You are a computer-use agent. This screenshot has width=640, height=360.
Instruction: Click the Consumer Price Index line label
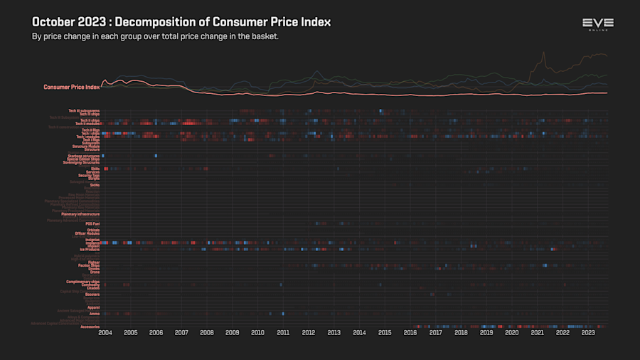[71, 87]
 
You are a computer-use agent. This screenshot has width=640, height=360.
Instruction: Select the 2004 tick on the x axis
[105, 332]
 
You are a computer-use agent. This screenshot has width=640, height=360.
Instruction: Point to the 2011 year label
[283, 332]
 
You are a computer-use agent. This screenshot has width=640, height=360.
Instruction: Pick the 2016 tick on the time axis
[410, 332]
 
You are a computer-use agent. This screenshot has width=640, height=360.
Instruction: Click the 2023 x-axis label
[588, 332]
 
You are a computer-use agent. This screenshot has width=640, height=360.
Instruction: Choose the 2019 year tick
[486, 332]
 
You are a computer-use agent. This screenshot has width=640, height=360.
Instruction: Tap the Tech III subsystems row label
[84, 110]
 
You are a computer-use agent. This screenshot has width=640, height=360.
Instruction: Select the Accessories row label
[90, 327]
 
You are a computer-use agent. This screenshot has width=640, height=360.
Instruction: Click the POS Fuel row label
[92, 223]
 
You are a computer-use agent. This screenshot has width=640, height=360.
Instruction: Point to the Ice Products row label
[88, 250]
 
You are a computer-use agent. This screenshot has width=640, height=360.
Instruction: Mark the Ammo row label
[94, 314]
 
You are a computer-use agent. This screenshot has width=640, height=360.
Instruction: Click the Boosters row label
[92, 294]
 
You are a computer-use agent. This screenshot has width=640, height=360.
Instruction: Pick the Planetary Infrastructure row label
[80, 213]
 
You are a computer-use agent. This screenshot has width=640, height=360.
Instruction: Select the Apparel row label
[93, 307]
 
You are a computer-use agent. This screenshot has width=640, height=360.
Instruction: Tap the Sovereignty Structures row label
[81, 162]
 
